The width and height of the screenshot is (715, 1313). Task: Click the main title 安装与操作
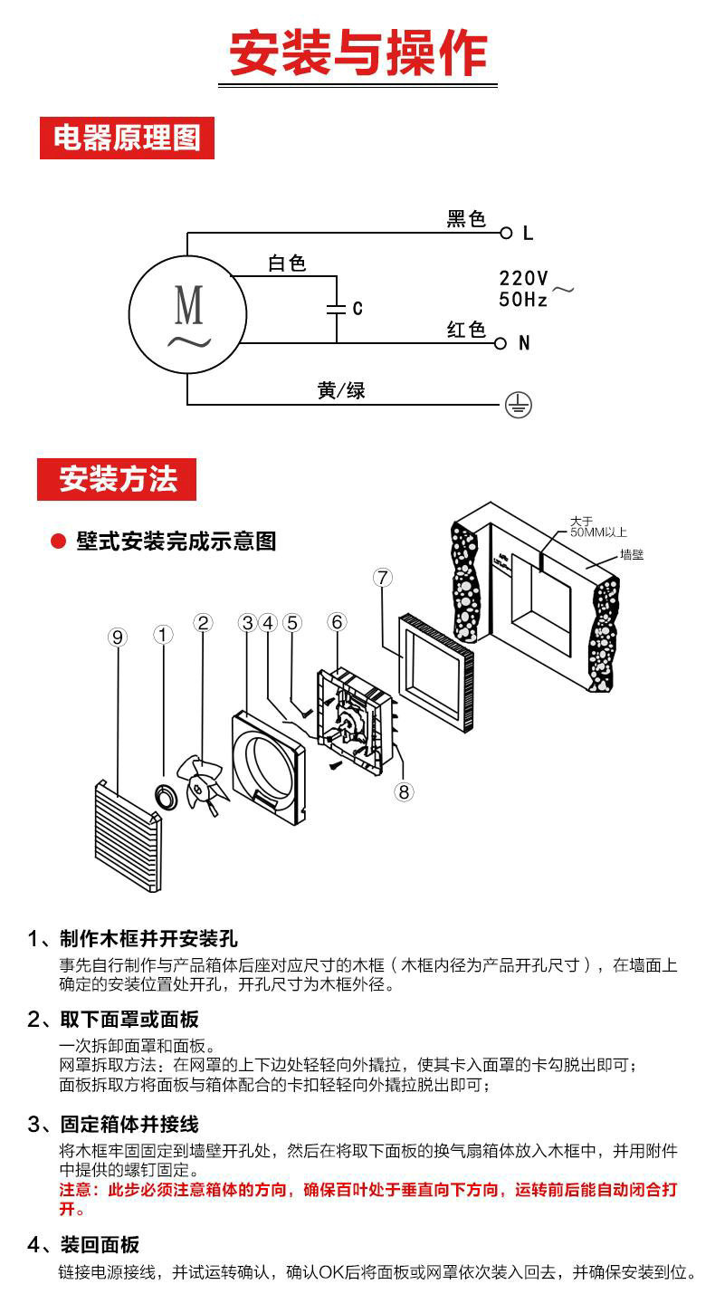[x=357, y=53]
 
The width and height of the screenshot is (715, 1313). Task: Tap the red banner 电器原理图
[x=127, y=139]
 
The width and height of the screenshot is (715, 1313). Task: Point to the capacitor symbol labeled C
[x=337, y=309]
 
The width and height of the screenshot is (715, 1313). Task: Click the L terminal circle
[x=506, y=233]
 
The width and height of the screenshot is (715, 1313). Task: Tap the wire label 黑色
[x=466, y=219]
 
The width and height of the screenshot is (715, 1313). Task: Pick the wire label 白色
[x=287, y=264]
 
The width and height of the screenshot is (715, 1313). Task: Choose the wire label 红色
[x=466, y=330]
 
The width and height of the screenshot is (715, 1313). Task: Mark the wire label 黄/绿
[x=341, y=391]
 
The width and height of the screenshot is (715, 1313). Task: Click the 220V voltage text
[x=523, y=278]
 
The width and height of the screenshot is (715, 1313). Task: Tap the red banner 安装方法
[x=117, y=479]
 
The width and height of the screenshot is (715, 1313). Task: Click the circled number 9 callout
[x=117, y=637]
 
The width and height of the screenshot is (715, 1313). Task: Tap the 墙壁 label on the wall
[x=632, y=554]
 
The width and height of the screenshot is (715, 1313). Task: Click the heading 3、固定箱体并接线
[x=113, y=1125]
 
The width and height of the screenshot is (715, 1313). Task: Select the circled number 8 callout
[x=404, y=791]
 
